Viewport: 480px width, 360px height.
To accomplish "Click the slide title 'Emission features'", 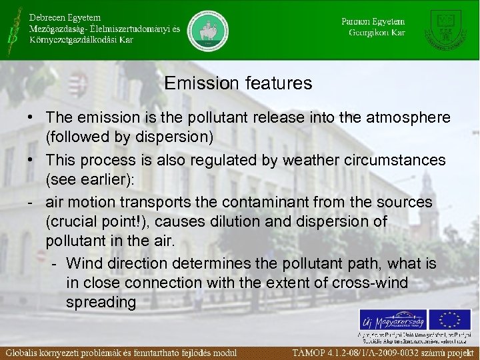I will click(x=238, y=83).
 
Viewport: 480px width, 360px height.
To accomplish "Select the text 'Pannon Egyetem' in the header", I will click(x=373, y=21).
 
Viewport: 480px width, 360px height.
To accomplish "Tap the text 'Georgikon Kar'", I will click(x=377, y=32).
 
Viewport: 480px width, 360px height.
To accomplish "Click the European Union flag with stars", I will click(x=451, y=319).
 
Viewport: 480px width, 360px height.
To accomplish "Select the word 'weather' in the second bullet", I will click(x=307, y=161).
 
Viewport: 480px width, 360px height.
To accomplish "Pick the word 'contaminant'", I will click(x=257, y=202).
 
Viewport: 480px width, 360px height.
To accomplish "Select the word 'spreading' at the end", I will click(x=101, y=302).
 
